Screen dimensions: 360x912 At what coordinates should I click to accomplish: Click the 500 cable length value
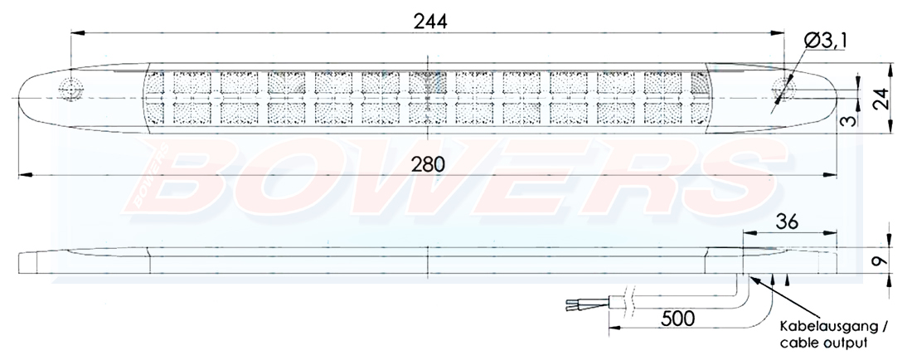[677, 318]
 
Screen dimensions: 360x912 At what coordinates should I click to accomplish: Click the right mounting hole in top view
[783, 89]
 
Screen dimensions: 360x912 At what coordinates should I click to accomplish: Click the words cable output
[816, 342]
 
